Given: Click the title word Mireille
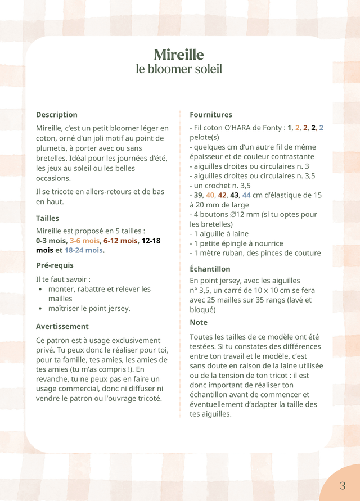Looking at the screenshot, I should tap(179, 55).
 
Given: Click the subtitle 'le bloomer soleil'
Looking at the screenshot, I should tap(179, 69).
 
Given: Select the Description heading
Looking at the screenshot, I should tap(57, 115).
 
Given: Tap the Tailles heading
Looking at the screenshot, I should tap(47, 218).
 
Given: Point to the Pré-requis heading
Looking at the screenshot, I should tap(55, 265).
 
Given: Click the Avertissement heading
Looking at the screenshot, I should tap(62, 326).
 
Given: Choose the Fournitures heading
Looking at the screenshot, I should tap(211, 115).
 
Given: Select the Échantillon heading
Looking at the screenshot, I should tap(210, 269).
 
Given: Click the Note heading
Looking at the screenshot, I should tap(199, 322).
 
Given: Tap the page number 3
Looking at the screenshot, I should tap(343, 486).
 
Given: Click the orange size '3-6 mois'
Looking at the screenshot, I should tap(84, 241).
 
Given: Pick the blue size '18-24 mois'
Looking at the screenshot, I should tap(84, 250).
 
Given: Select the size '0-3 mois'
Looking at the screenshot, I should tap(51, 241).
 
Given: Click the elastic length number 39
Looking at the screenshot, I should tap(199, 195).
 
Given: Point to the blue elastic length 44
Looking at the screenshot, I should tap(246, 195).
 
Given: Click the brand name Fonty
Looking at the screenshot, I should tap(271, 128).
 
